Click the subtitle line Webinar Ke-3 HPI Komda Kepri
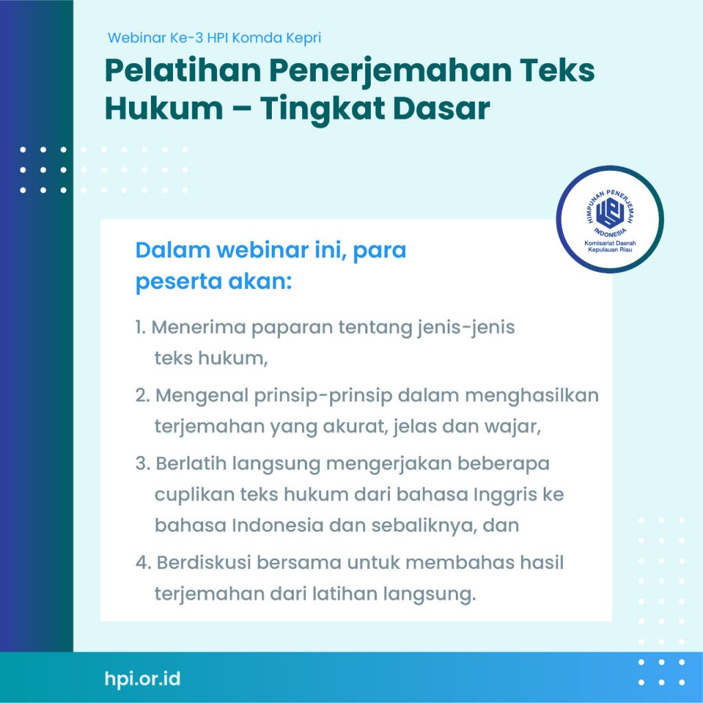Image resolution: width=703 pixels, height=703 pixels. [x=214, y=38]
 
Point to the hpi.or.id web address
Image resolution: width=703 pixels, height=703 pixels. [x=143, y=678]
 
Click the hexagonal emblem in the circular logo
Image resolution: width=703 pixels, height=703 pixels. [x=610, y=211]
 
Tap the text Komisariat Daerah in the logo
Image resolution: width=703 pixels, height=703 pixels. [x=610, y=243]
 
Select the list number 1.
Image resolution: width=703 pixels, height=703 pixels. [x=140, y=327]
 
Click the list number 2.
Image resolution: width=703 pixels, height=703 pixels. [x=142, y=396]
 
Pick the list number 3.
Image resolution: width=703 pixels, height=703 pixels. [x=143, y=463]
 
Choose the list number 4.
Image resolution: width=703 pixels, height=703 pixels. [x=143, y=563]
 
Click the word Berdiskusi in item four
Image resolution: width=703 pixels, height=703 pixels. [x=203, y=563]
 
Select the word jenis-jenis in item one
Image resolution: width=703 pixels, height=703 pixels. [x=466, y=328]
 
